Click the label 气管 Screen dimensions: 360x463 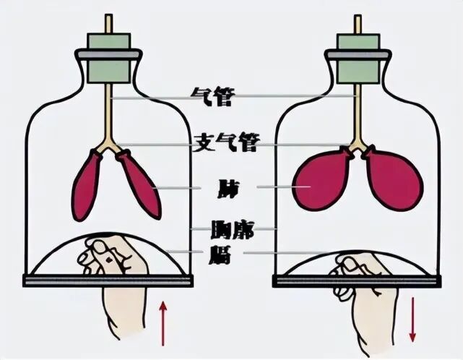click(212, 97)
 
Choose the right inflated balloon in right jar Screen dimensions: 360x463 click(393, 181)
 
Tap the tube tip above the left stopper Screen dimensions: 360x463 click(110, 22)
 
